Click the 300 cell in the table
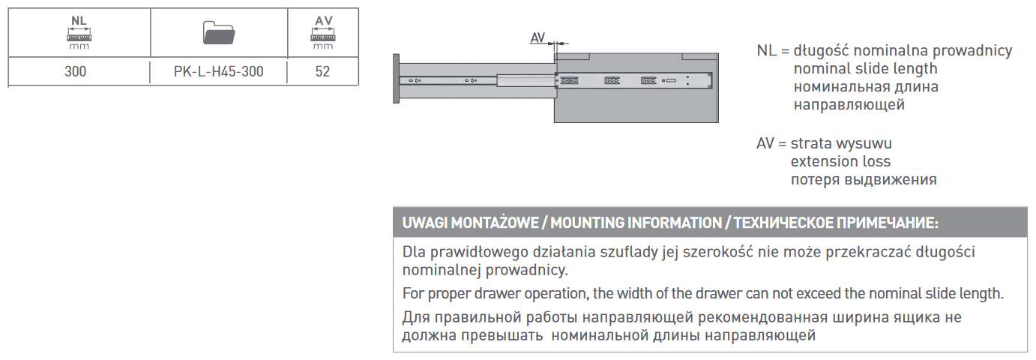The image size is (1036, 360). pos(75,73)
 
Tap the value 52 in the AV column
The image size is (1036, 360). pos(322,73)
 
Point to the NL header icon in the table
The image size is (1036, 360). pos(79,30)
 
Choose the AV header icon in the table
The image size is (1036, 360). pos(323,30)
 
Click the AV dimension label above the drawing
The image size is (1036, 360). pos(537,37)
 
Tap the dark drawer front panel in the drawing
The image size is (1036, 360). pos(396,79)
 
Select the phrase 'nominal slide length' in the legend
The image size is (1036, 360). pos(865,69)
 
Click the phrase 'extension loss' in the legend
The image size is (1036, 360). pos(840,161)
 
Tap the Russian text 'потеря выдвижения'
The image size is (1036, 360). pos(864,179)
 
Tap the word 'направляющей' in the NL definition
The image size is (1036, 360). pos(849,104)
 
